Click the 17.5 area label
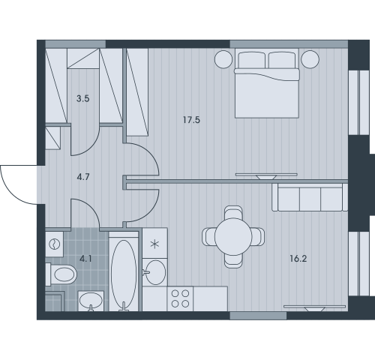click(x=191, y=120)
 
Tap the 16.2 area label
click(x=298, y=259)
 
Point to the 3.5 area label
click(x=83, y=98)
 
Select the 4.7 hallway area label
click(x=83, y=177)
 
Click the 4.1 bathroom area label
click(x=85, y=259)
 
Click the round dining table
click(x=233, y=236)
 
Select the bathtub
click(x=124, y=271)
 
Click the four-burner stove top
click(x=180, y=298)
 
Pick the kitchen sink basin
click(x=155, y=272)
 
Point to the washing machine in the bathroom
click(x=54, y=244)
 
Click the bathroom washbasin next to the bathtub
click(x=91, y=301)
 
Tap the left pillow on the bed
click(x=251, y=60)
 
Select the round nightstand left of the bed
click(x=223, y=59)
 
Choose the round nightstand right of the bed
click(x=310, y=59)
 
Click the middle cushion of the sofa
click(x=310, y=199)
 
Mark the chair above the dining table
click(x=233, y=212)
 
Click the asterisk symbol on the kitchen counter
click(x=155, y=244)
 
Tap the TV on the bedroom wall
click(x=266, y=176)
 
